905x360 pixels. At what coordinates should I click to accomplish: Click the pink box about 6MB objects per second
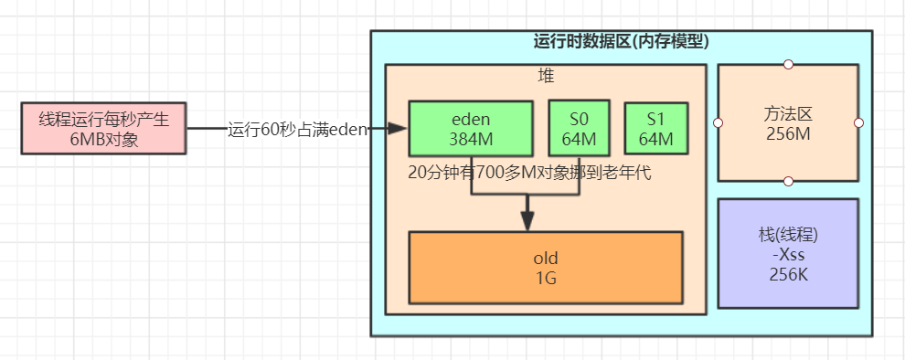pyautogui.click(x=103, y=129)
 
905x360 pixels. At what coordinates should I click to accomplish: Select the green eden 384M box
pyautogui.click(x=470, y=128)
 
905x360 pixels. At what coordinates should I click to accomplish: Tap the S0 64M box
pyautogui.click(x=578, y=128)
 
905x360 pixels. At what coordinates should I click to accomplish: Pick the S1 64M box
pyautogui.click(x=655, y=129)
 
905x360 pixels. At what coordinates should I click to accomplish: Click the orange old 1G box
pyautogui.click(x=545, y=267)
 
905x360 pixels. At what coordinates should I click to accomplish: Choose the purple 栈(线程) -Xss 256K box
pyautogui.click(x=788, y=253)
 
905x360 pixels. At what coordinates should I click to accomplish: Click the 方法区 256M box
pyautogui.click(x=788, y=122)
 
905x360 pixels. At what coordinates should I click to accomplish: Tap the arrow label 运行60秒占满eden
pyautogui.click(x=297, y=130)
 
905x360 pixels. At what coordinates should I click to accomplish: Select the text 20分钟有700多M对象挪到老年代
pyautogui.click(x=530, y=173)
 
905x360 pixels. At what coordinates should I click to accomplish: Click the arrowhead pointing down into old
pyautogui.click(x=527, y=223)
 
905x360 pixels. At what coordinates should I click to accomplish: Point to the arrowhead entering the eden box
pyautogui.click(x=399, y=130)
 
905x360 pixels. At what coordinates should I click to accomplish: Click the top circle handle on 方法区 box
pyautogui.click(x=788, y=64)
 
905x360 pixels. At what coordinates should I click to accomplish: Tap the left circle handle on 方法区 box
pyautogui.click(x=719, y=122)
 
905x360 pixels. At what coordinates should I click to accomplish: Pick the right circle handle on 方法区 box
pyautogui.click(x=858, y=122)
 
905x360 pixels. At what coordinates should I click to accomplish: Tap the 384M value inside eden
pyautogui.click(x=470, y=139)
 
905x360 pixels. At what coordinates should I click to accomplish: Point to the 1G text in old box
pyautogui.click(x=545, y=277)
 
